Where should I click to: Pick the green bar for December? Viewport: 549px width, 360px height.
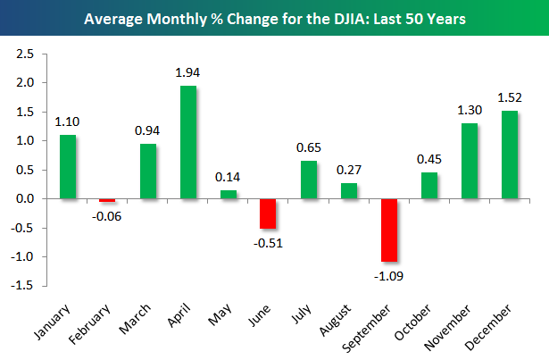(x=510, y=154)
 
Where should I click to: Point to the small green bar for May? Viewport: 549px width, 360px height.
(x=229, y=194)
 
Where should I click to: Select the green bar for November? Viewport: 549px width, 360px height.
(x=470, y=161)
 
